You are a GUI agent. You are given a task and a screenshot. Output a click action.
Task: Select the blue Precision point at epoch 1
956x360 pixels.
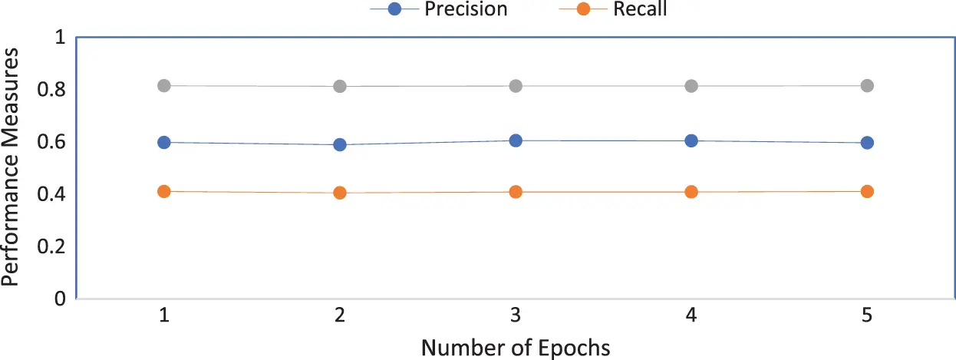pyautogui.click(x=164, y=142)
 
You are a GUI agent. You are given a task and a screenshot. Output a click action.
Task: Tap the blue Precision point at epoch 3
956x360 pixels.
pyautogui.click(x=516, y=140)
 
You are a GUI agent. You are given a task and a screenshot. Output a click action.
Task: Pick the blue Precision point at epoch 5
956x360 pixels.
pyautogui.click(x=867, y=143)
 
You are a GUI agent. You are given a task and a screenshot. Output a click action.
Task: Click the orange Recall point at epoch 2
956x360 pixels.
pyautogui.click(x=340, y=193)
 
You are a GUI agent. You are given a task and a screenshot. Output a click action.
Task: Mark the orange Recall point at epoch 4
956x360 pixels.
pyautogui.click(x=691, y=192)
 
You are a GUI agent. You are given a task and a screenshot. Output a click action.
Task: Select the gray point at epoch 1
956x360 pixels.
pyautogui.click(x=164, y=85)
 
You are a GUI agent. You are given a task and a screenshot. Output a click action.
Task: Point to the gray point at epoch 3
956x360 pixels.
pyautogui.click(x=516, y=86)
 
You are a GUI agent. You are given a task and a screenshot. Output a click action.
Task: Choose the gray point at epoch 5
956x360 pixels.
pyautogui.click(x=867, y=85)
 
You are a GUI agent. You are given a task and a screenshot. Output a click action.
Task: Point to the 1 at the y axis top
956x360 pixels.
pyautogui.click(x=61, y=38)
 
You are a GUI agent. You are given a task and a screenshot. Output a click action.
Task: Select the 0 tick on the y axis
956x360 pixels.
pyautogui.click(x=61, y=298)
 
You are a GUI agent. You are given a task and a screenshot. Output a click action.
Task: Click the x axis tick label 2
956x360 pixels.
pyautogui.click(x=340, y=315)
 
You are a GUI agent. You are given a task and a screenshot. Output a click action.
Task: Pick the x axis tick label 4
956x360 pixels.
pyautogui.click(x=691, y=315)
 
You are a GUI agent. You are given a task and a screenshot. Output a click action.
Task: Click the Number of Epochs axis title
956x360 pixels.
pyautogui.click(x=516, y=347)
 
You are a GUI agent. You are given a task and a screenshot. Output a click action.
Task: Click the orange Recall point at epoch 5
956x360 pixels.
pyautogui.click(x=867, y=191)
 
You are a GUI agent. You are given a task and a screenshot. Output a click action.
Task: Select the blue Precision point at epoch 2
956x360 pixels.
pyautogui.click(x=340, y=144)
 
